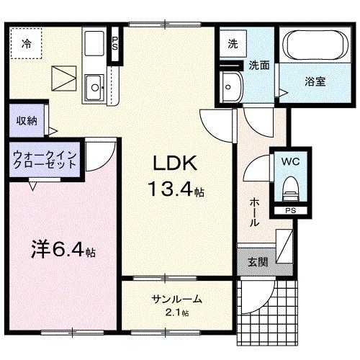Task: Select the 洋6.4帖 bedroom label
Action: click(x=63, y=252)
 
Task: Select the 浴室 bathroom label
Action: click(x=315, y=81)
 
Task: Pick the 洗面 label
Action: click(x=259, y=65)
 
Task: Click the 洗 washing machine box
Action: click(x=233, y=43)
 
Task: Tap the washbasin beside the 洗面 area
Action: click(x=233, y=86)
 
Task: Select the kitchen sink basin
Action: click(x=94, y=89)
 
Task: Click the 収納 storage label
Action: click(x=27, y=121)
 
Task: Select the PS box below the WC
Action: click(x=289, y=211)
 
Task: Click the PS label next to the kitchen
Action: click(x=114, y=43)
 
